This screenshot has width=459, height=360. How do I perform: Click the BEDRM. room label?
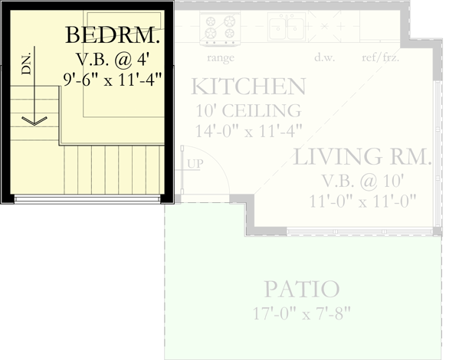pos(113,35)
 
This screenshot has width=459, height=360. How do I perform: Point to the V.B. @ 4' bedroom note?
pos(116,58)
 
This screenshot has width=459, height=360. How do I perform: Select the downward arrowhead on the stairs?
pos(34,120)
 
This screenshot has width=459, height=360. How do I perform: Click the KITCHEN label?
pos(248,85)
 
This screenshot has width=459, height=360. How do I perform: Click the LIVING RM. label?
pos(363,158)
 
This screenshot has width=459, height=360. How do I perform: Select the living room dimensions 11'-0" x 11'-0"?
pos(363,201)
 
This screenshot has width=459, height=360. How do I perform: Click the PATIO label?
pos(301,290)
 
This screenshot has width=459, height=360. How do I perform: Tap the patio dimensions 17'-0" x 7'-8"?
pos(301,313)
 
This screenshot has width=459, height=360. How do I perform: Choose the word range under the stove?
pos(221,57)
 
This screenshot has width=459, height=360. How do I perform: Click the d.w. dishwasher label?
pos(323,57)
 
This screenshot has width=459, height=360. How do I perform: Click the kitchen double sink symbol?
pos(286,28)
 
